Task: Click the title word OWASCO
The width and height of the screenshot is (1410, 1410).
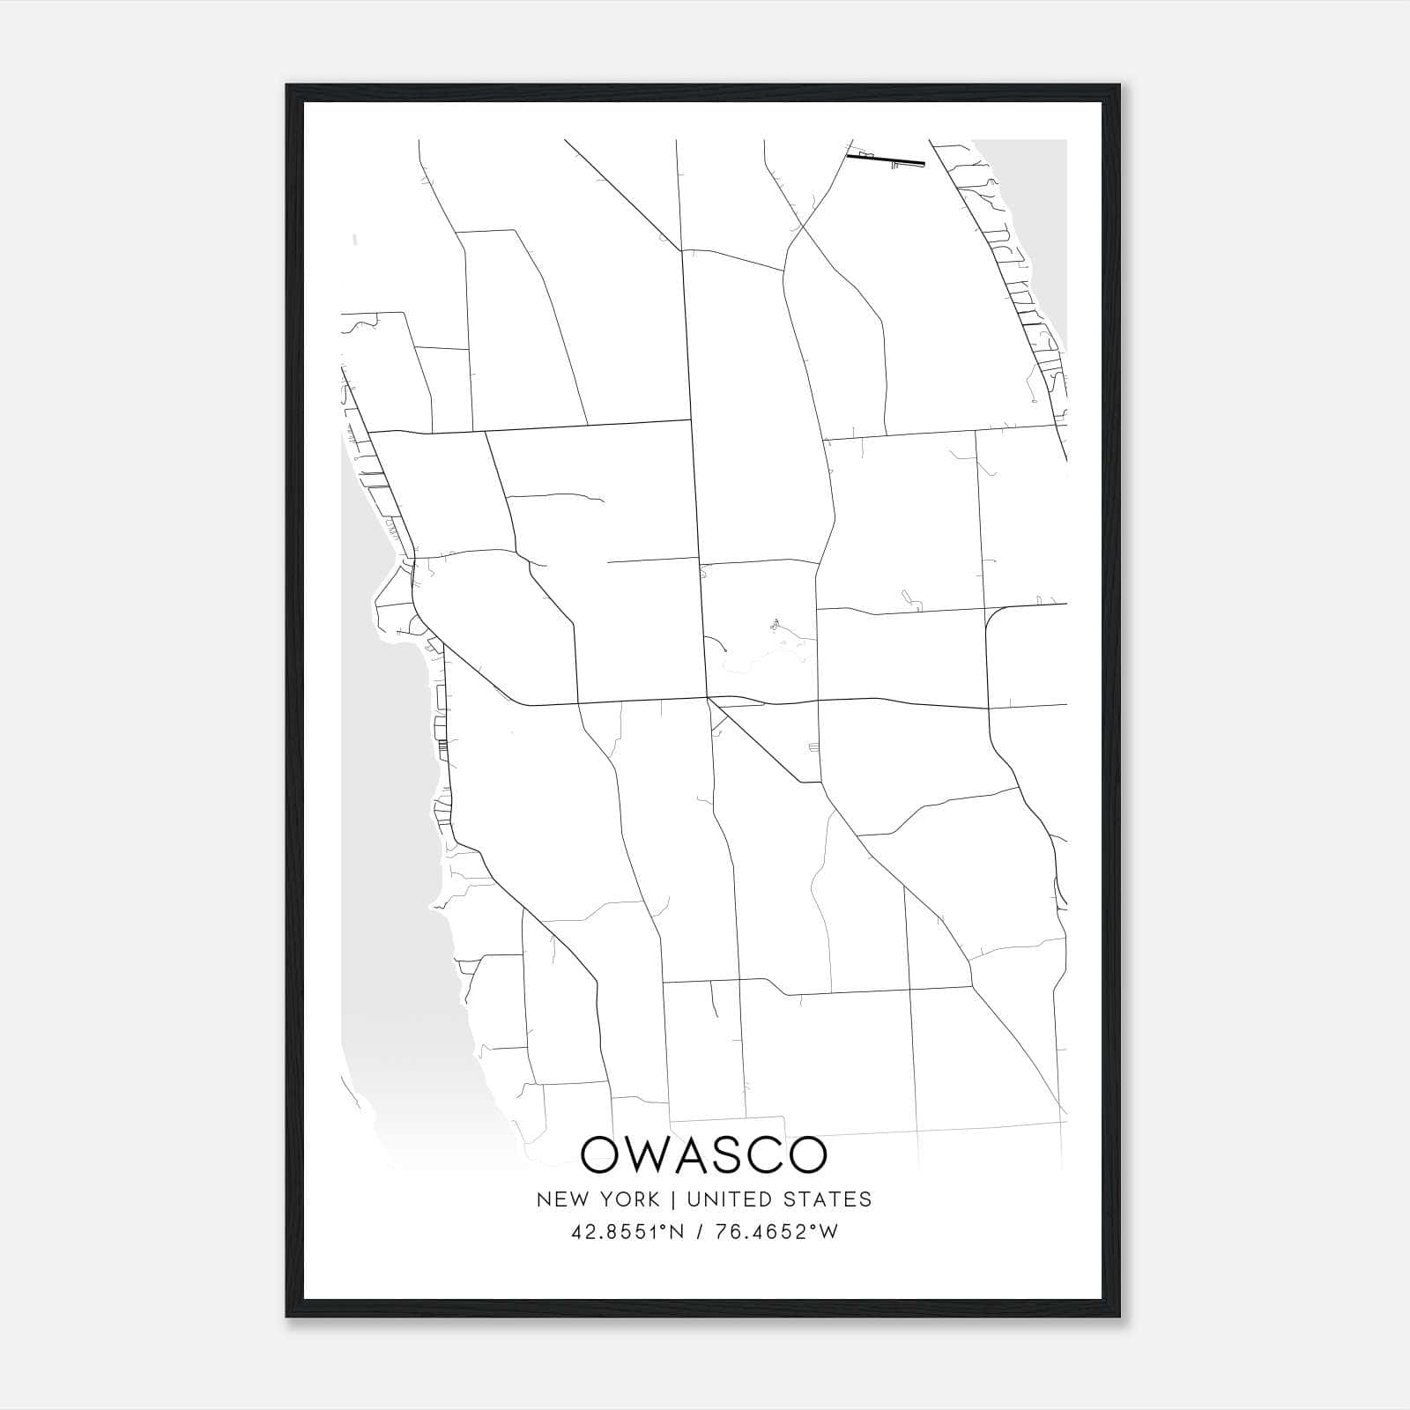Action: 704,1155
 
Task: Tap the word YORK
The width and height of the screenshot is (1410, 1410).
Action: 629,1199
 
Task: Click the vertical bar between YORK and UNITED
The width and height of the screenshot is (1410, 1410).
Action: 673,1199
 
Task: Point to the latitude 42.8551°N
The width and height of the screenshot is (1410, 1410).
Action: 627,1232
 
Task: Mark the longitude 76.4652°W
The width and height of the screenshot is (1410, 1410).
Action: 776,1232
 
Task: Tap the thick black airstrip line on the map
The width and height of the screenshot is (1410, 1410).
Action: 885,160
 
